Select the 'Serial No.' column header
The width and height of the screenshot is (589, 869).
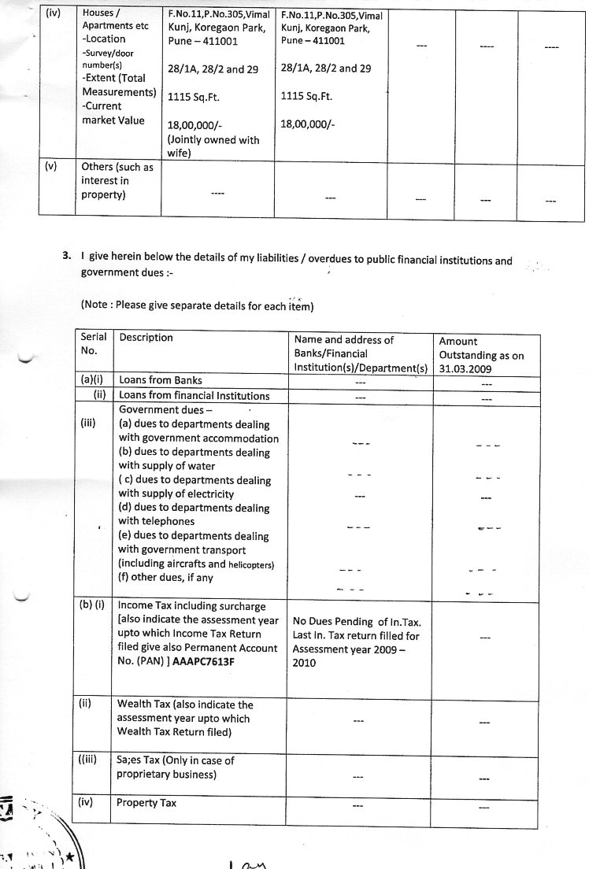click(x=94, y=343)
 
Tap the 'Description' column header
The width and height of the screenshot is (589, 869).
click(x=146, y=338)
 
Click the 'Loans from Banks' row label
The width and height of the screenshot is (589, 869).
click(x=155, y=381)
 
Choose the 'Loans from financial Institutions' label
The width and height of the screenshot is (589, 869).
click(x=194, y=395)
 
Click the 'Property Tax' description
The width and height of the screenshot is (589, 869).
click(x=146, y=804)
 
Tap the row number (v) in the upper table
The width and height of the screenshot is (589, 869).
click(x=52, y=167)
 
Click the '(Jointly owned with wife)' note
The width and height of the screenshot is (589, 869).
click(x=213, y=147)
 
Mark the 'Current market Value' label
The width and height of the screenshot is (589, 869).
click(x=113, y=113)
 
